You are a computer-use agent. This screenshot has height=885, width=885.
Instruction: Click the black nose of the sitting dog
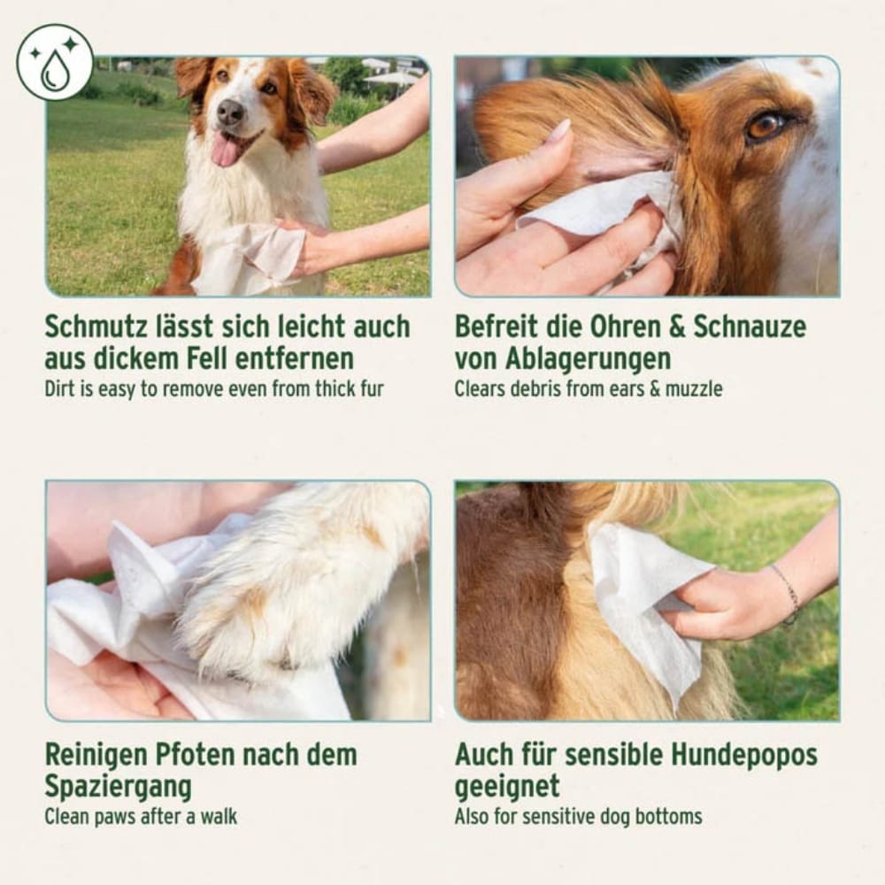230,112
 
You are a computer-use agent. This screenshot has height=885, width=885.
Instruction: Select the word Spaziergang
118,787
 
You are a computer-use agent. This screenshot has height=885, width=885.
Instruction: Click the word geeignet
507,787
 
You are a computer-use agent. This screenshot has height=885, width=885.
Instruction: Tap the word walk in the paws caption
217,817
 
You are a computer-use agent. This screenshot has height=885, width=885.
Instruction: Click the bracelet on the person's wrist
787,592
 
